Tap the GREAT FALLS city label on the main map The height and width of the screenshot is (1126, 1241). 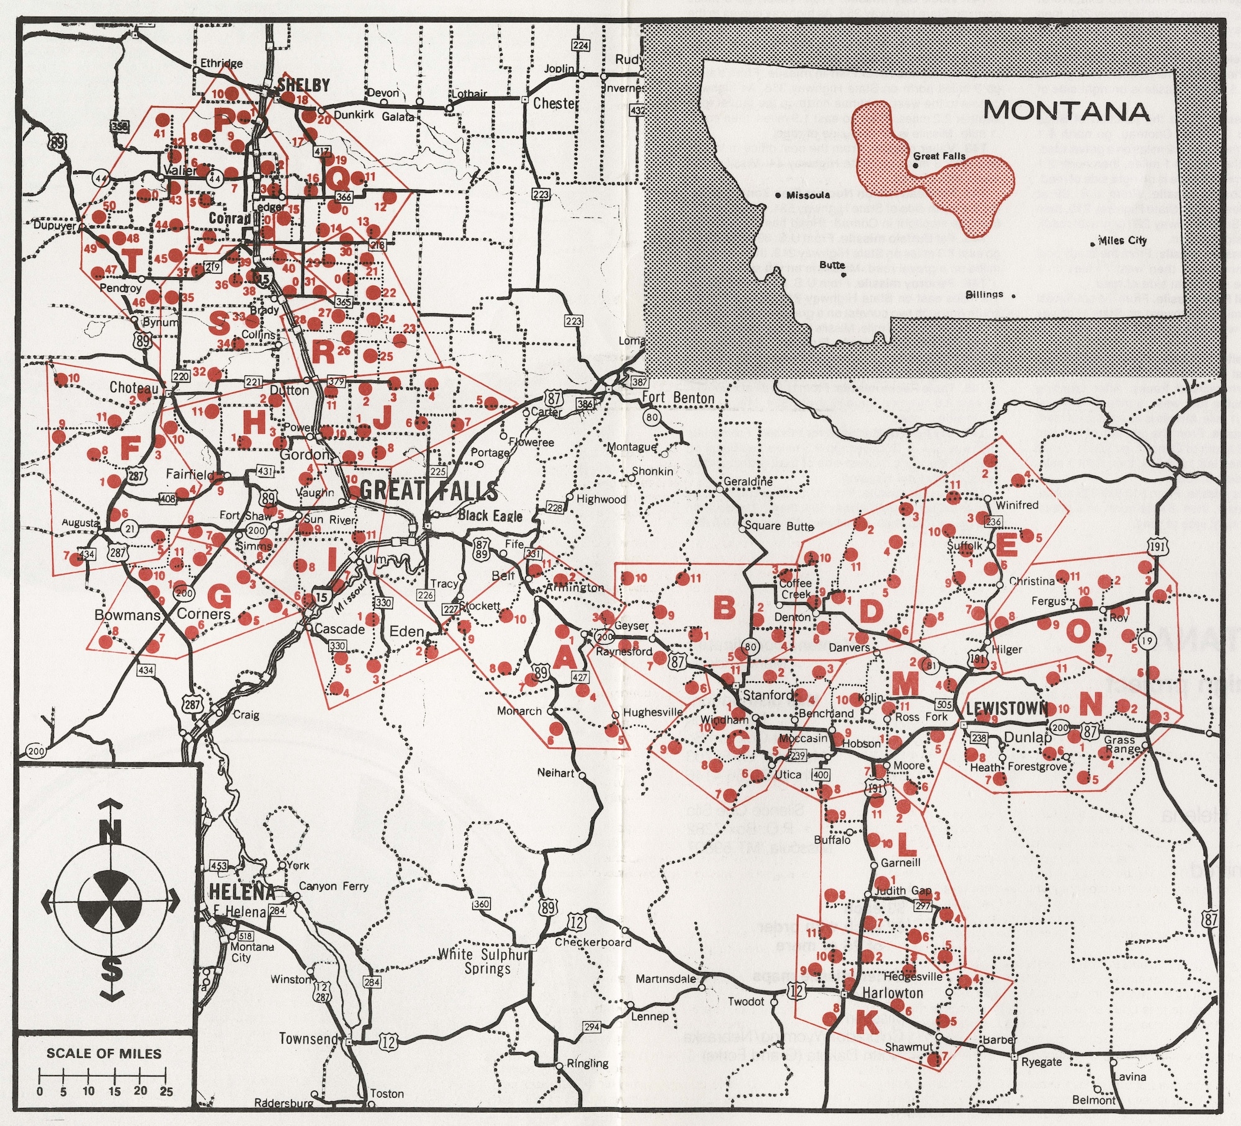coord(428,491)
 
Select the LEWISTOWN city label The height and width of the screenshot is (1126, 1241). coord(1006,708)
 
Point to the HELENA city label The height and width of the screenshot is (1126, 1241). coord(242,892)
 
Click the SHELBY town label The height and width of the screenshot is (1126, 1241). coord(304,85)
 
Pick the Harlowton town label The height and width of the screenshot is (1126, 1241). coord(893,993)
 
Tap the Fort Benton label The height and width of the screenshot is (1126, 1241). coord(678,397)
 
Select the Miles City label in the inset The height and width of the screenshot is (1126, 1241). coord(1122,241)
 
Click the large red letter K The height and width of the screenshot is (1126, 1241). coord(867,1021)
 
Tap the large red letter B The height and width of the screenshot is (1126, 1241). coord(724,607)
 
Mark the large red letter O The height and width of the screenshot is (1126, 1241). coord(1078,631)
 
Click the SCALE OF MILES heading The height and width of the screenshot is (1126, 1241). coord(104,1053)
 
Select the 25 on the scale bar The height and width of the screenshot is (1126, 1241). coord(166,1092)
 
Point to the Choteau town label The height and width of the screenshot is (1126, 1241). coord(134,388)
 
